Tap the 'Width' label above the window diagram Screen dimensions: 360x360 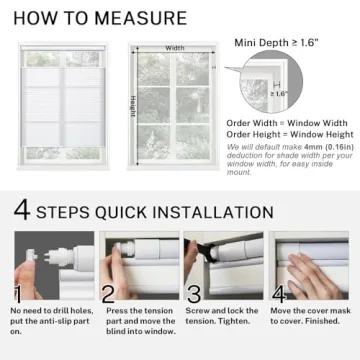point(175,47)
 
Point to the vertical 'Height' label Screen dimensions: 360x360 point(132,105)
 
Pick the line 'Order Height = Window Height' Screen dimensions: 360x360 point(288,134)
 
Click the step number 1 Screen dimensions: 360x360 point(18,295)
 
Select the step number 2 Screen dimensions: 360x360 point(107,295)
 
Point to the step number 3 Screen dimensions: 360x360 point(194,295)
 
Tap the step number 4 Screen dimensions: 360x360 point(281,295)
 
